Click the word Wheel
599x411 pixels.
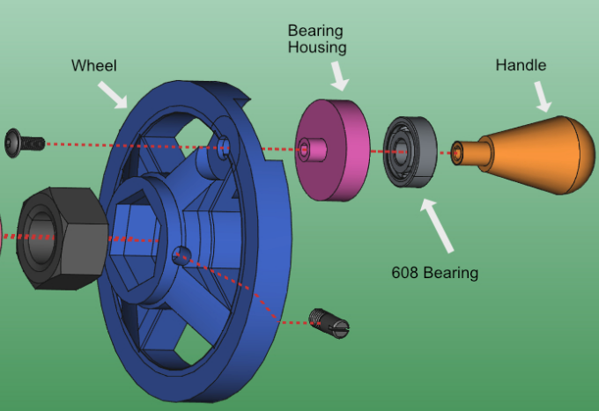click(93, 66)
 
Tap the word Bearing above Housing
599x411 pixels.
click(315, 32)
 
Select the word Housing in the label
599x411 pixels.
click(317, 48)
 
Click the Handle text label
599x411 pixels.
click(521, 65)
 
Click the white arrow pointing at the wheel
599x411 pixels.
click(113, 95)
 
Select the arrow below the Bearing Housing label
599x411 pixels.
click(339, 76)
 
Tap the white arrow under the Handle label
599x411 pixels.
click(543, 97)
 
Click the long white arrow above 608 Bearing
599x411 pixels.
click(437, 225)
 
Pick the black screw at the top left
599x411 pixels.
click(25, 143)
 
